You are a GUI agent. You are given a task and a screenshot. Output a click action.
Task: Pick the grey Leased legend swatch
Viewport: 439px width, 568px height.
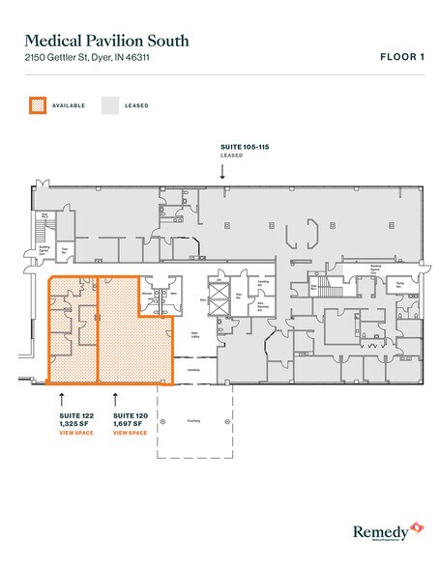(x=110, y=104)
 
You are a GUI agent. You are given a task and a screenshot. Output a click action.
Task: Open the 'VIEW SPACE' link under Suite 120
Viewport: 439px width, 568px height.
(x=130, y=433)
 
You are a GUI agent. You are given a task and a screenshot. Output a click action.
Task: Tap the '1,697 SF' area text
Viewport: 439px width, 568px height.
(x=129, y=424)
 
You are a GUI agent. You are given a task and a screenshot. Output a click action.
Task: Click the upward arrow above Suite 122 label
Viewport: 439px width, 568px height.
(x=63, y=396)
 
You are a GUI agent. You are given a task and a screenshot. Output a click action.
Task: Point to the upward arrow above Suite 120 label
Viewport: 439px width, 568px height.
(x=116, y=396)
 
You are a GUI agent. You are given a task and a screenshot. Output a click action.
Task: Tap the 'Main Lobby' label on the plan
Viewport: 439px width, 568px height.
(x=194, y=335)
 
